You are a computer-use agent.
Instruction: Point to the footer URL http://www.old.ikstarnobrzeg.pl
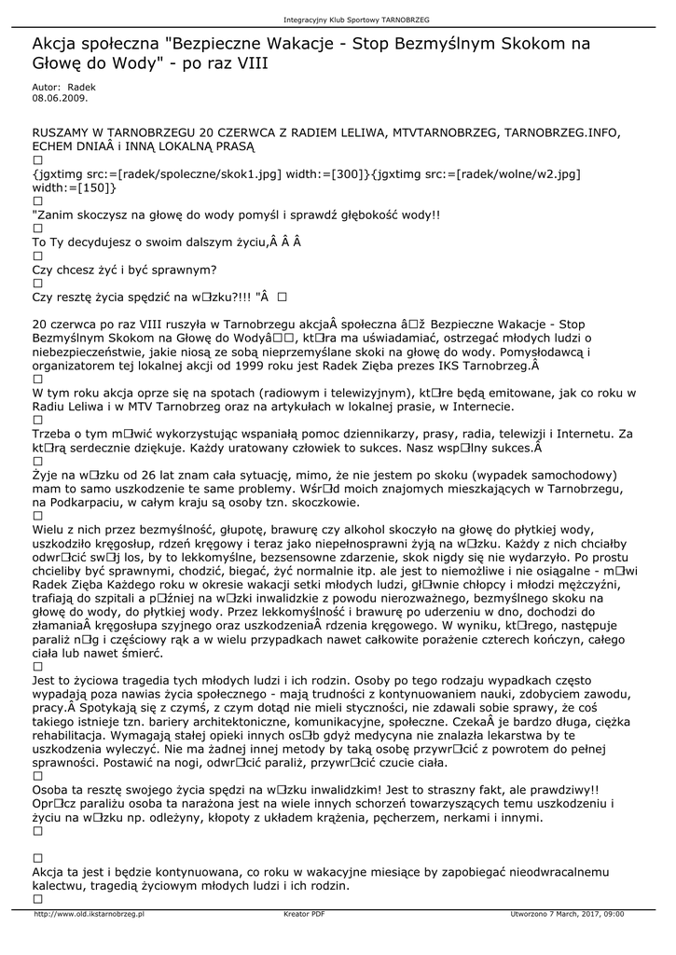[x=90, y=914]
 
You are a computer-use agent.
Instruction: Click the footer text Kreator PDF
[x=304, y=914]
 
